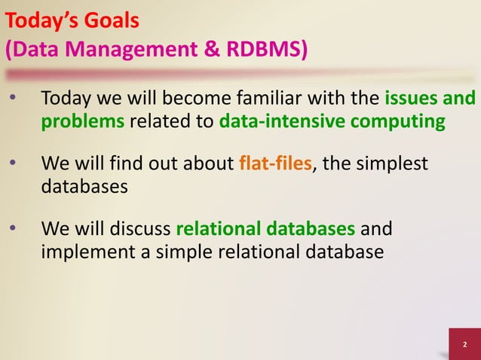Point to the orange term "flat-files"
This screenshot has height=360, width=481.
coord(274,163)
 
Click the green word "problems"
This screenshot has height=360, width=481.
coord(82,122)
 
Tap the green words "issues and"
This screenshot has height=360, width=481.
coord(430,99)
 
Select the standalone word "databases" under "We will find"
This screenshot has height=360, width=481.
coord(84,187)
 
